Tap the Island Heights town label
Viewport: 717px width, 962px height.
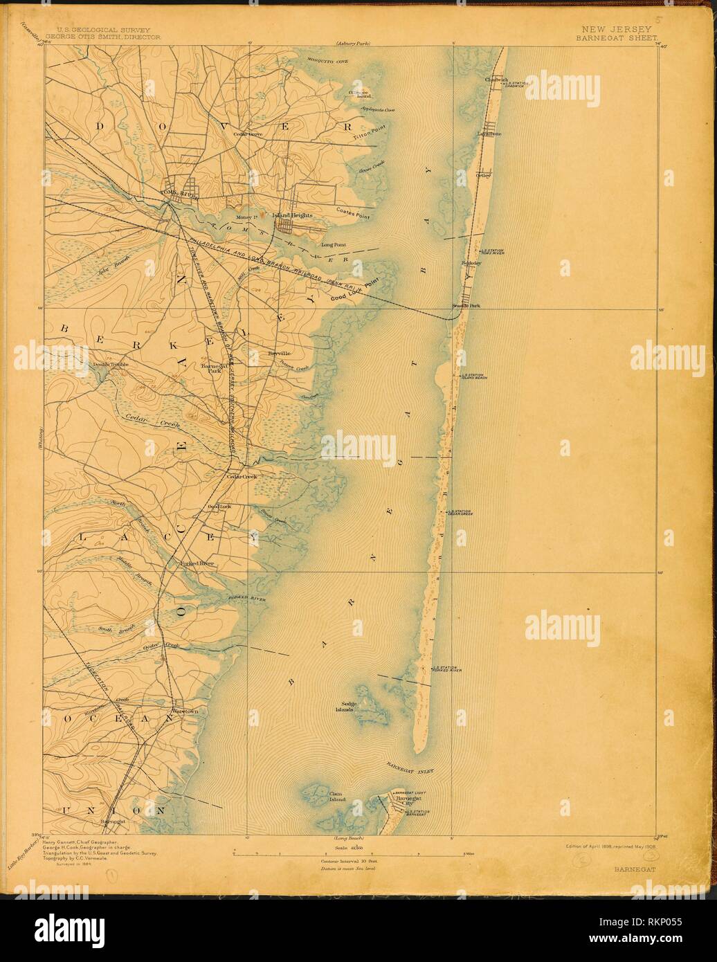[293, 215]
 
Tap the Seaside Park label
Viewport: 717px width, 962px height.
[466, 305]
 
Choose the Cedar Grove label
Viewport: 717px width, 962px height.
[247, 134]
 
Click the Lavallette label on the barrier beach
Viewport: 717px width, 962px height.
[489, 133]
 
